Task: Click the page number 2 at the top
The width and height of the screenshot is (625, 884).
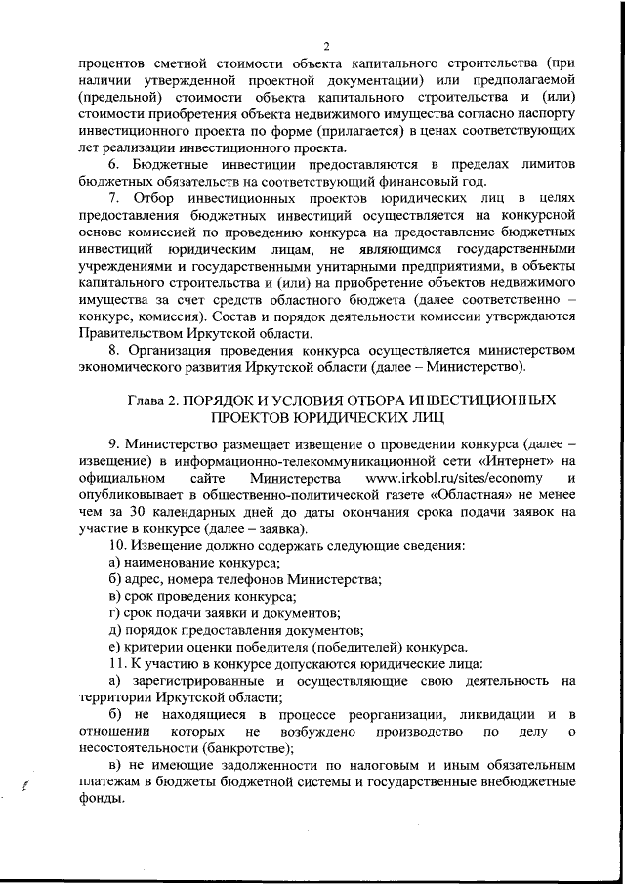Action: [327, 46]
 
